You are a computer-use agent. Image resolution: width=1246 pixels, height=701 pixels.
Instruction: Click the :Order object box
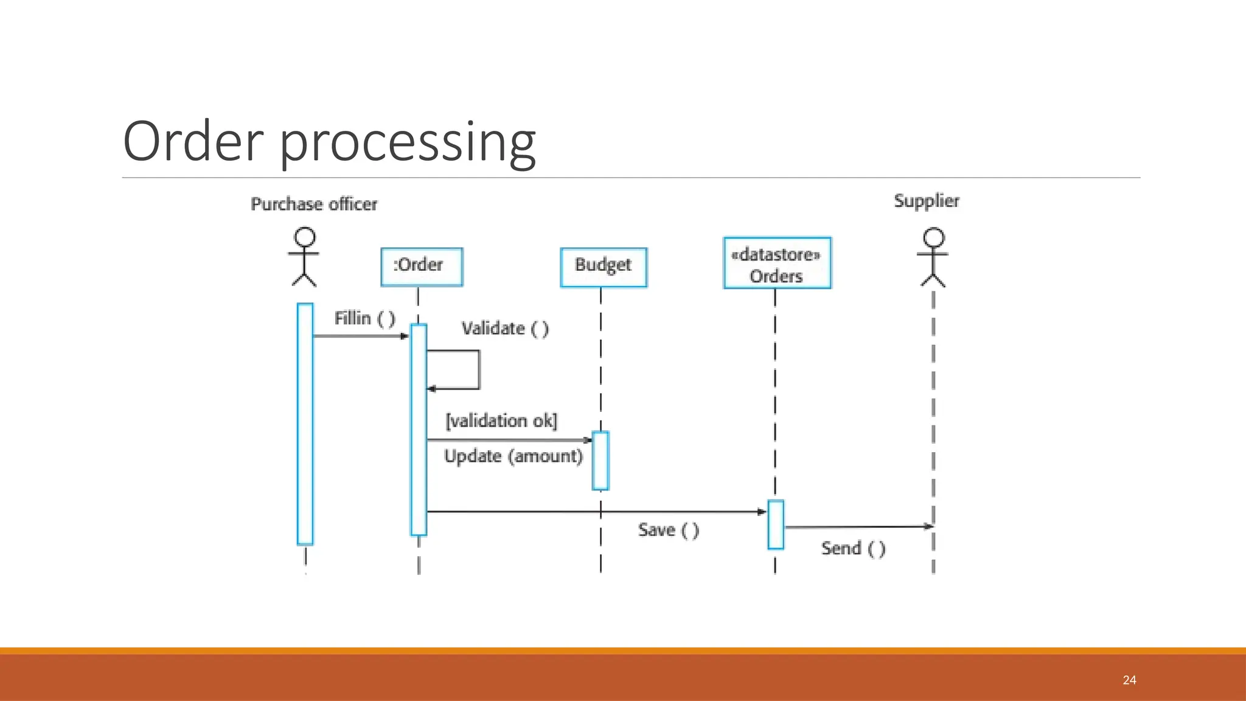click(422, 267)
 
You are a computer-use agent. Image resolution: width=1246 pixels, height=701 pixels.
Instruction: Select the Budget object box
click(603, 267)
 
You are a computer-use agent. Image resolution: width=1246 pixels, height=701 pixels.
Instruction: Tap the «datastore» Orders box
click(776, 263)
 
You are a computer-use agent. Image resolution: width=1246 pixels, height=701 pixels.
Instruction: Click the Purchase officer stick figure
click(304, 257)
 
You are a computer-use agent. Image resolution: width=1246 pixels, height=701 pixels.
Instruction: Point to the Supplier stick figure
click(933, 257)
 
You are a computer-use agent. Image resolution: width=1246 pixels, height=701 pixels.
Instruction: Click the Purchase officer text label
click(314, 204)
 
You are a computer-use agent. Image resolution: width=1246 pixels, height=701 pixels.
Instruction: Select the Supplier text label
click(926, 201)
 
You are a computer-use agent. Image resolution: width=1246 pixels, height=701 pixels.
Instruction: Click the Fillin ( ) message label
click(364, 318)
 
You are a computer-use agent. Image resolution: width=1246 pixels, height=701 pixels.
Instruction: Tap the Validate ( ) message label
click(505, 329)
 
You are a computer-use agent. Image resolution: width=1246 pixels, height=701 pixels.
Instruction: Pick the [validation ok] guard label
click(501, 420)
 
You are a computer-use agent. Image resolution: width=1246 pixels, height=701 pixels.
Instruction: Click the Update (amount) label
click(513, 456)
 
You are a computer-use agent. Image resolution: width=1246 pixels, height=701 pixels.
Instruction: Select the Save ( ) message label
click(668, 530)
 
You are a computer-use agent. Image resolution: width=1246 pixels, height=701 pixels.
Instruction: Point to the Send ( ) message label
click(853, 548)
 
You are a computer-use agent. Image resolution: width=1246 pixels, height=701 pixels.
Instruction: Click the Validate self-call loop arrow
click(478, 369)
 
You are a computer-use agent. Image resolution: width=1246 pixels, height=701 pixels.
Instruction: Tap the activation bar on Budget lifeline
click(600, 461)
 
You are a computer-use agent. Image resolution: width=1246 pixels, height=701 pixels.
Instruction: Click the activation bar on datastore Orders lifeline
click(776, 525)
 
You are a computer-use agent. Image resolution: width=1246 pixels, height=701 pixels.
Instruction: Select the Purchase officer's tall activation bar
click(305, 424)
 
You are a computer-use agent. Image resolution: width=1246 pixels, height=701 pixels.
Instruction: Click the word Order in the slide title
click(193, 141)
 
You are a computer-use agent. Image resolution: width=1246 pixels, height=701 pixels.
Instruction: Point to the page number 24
click(1129, 680)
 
